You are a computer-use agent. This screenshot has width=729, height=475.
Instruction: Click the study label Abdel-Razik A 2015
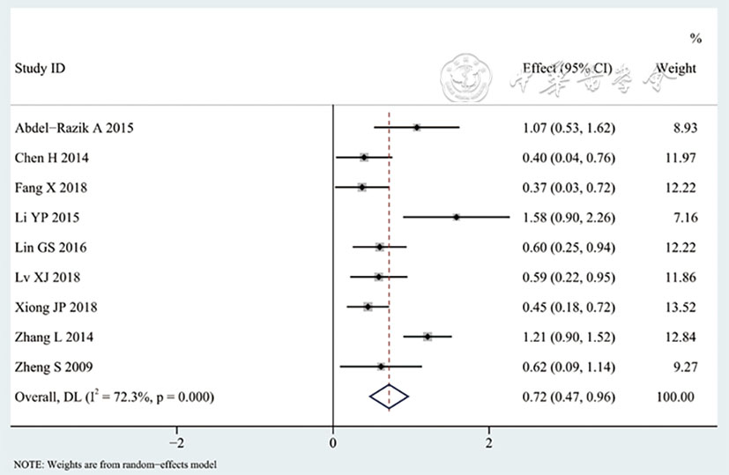(75, 128)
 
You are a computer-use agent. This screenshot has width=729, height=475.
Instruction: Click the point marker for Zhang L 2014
(428, 337)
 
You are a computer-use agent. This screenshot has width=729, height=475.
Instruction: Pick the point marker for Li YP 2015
(456, 217)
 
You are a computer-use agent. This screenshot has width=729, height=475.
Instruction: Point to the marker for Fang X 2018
(361, 188)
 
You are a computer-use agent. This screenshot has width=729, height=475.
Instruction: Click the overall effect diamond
(389, 397)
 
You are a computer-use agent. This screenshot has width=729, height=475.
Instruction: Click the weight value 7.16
(684, 217)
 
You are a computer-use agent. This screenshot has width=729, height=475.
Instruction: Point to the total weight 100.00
(675, 397)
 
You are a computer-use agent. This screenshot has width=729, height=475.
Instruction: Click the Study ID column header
(41, 68)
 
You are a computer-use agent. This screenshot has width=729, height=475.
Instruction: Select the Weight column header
(676, 68)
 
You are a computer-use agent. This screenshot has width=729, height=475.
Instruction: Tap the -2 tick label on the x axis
(176, 442)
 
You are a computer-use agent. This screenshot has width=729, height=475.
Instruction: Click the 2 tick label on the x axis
(489, 442)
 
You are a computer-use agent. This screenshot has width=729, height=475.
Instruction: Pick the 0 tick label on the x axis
(333, 442)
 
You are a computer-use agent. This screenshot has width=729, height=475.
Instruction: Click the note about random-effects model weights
(115, 464)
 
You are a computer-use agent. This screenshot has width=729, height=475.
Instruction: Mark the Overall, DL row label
(115, 397)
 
